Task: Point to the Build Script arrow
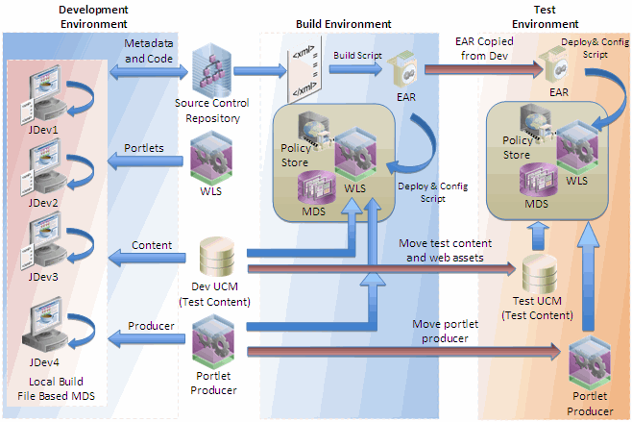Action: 354,69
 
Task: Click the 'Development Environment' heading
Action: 66,15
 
